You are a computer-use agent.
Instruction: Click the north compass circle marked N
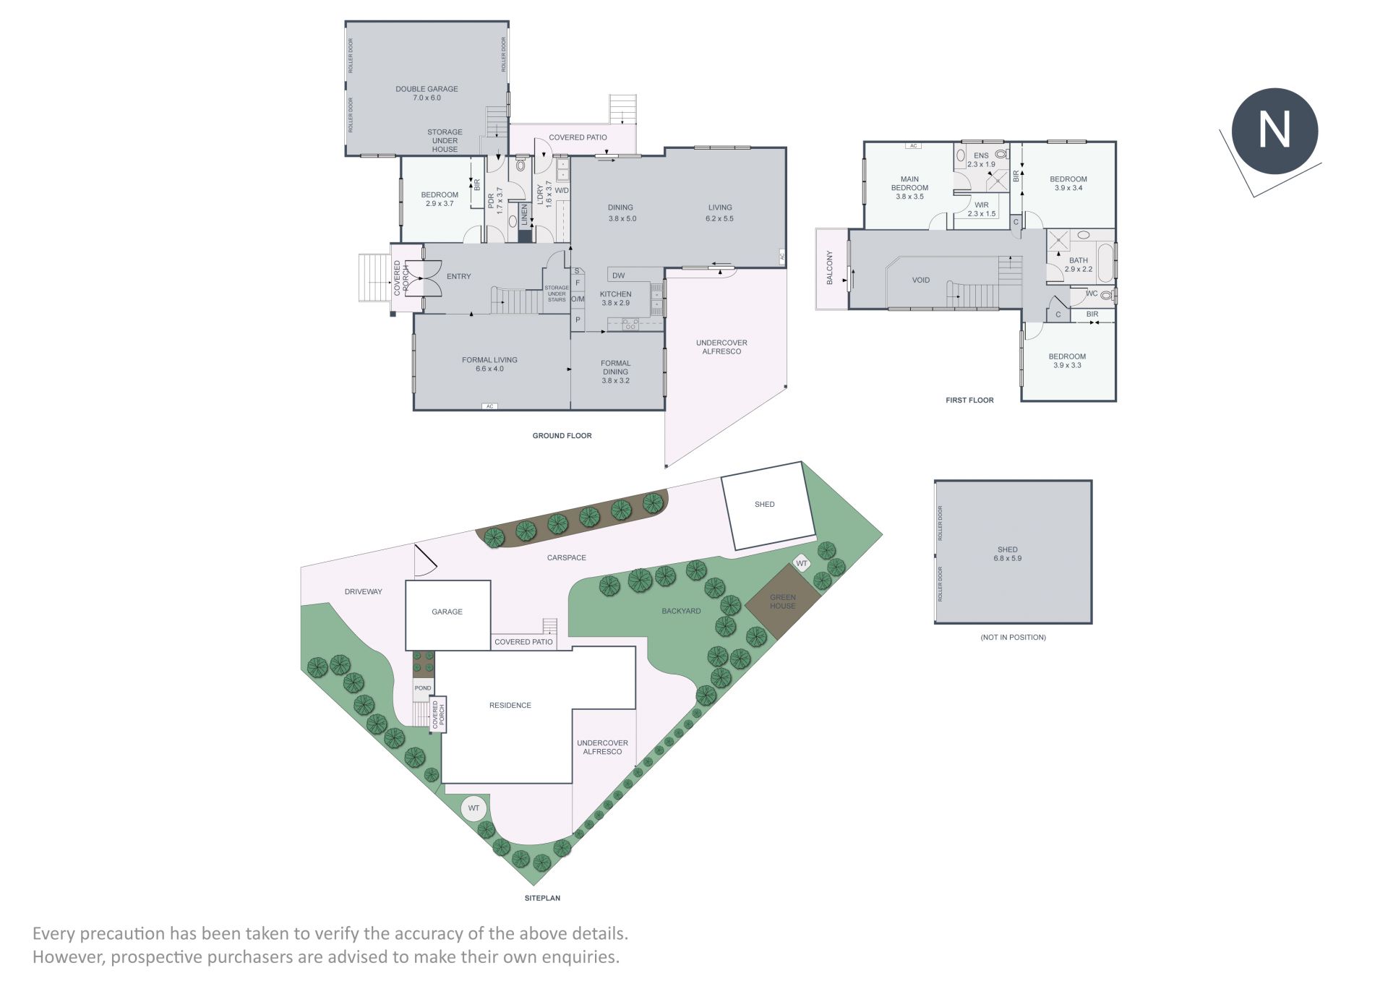click(x=1275, y=131)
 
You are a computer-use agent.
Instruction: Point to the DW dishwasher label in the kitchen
click(x=618, y=275)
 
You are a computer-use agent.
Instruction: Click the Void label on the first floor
click(x=920, y=280)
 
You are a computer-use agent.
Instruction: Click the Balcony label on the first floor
click(x=830, y=267)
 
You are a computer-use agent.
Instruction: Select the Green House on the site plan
click(x=783, y=601)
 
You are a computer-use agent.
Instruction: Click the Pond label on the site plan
click(x=423, y=688)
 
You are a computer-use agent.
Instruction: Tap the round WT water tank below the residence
click(x=474, y=808)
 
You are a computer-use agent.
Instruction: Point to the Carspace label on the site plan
click(x=566, y=557)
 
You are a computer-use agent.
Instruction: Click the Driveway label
click(x=363, y=591)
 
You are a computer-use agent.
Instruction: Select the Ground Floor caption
click(x=562, y=436)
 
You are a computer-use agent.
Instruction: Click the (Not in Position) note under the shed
click(x=1013, y=637)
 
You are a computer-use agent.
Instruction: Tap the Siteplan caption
click(x=542, y=898)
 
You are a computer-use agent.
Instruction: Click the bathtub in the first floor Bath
click(x=1105, y=262)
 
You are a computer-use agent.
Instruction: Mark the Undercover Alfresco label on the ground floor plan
click(x=721, y=347)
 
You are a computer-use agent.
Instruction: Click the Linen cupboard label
click(x=525, y=215)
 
